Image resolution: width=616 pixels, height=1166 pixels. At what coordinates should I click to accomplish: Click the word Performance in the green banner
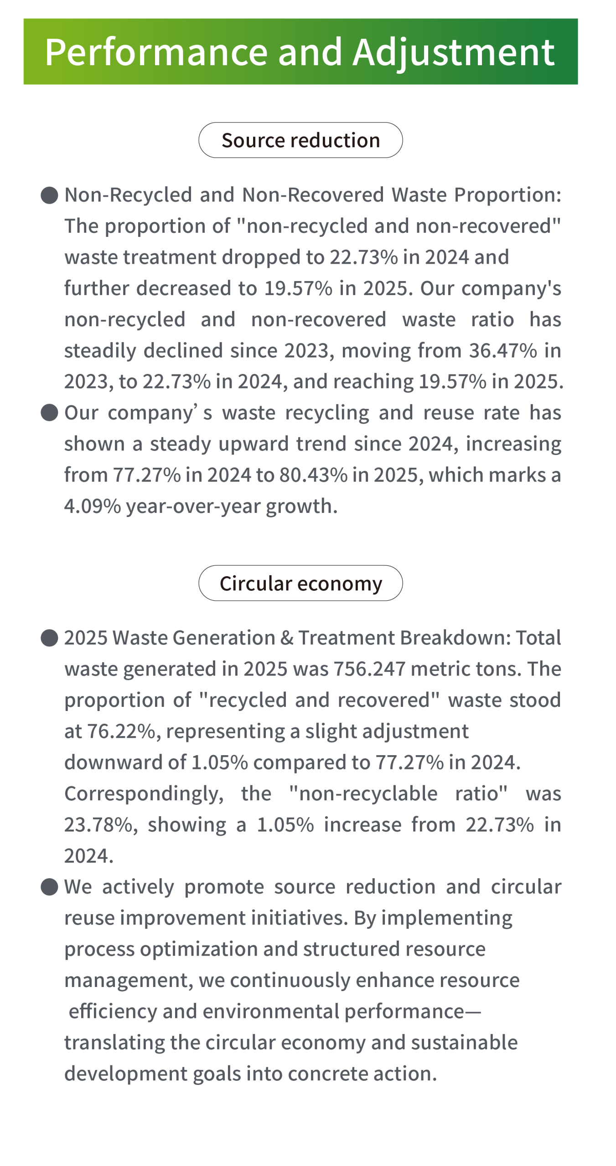[156, 52]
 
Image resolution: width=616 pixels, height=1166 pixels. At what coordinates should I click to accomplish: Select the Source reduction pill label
[300, 140]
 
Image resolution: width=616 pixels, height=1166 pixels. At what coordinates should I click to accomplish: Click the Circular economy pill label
[300, 583]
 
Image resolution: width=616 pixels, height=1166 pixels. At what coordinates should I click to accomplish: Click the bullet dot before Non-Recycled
[49, 195]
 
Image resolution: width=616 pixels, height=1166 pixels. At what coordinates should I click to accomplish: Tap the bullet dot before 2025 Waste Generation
[49, 638]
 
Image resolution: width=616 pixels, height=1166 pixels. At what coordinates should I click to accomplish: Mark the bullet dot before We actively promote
[49, 887]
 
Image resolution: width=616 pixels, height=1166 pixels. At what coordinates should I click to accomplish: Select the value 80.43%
[313, 475]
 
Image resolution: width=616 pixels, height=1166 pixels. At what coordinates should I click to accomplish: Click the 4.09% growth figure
[93, 506]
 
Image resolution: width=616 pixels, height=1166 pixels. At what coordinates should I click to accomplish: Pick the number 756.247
[370, 669]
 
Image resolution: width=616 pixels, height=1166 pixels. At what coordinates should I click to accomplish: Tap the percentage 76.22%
[121, 731]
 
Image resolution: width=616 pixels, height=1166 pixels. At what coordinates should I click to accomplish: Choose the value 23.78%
[98, 825]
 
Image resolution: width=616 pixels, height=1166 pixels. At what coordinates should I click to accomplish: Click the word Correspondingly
[144, 794]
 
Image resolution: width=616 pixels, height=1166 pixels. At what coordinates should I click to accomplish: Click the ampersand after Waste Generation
[286, 638]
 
